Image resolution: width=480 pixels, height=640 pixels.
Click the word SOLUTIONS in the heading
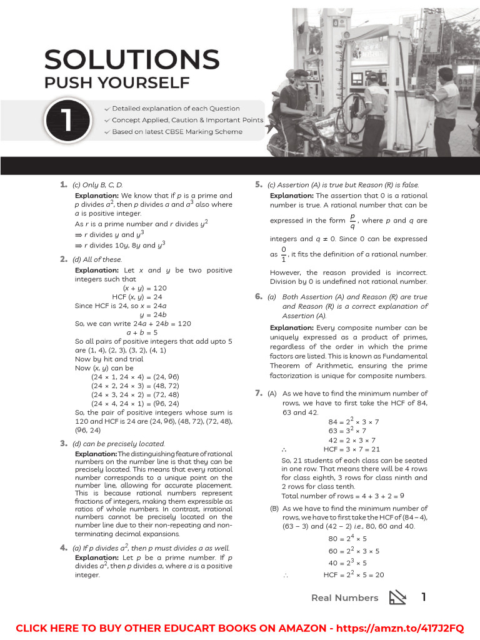132,60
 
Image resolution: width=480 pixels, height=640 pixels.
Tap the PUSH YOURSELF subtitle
116,82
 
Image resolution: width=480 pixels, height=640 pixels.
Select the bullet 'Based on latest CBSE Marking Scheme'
177,132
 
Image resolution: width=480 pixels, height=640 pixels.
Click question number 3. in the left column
64,443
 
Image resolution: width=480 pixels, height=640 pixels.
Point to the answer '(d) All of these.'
97,259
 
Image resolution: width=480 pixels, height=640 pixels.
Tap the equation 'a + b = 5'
142,332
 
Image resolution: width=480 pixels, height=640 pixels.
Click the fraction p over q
352,221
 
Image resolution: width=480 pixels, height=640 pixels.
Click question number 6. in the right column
259,297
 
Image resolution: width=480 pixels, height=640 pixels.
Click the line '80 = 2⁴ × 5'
347,538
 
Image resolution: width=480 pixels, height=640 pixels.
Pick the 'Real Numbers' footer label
344,597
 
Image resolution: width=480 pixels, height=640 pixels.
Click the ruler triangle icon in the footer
397,597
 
